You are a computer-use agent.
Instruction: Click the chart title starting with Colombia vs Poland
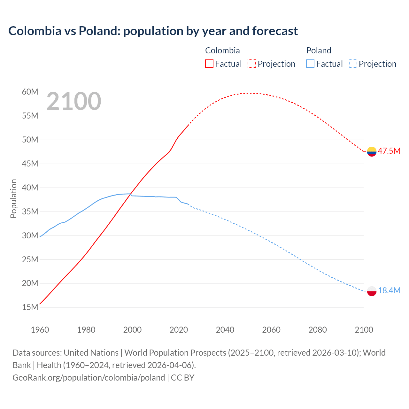(153, 31)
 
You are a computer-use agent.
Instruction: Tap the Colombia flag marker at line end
(372, 151)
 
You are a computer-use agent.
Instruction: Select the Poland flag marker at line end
(372, 291)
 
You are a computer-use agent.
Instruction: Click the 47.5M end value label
(389, 151)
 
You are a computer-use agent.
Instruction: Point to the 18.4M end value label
(389, 290)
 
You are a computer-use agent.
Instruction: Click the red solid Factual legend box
(209, 64)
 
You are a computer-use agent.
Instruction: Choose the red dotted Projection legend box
(252, 64)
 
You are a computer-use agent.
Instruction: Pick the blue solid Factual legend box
(310, 64)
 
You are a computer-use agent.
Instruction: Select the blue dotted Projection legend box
(353, 64)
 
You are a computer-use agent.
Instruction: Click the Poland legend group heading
(319, 50)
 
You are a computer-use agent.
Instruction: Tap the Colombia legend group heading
(222, 50)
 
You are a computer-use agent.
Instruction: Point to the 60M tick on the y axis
(30, 92)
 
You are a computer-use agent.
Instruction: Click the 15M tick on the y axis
(30, 307)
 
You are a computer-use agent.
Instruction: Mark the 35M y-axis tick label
(30, 212)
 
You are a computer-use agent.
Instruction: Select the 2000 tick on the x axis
(132, 330)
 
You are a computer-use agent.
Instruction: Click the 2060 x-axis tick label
(271, 330)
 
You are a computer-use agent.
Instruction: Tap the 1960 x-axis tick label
(40, 330)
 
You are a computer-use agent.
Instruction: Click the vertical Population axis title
(13, 199)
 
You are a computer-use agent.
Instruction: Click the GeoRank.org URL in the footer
(89, 378)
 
